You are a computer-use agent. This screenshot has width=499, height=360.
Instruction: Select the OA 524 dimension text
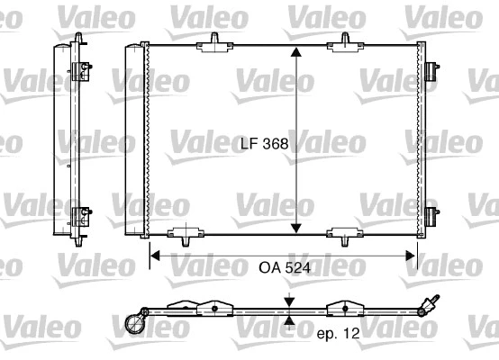tap(282, 267)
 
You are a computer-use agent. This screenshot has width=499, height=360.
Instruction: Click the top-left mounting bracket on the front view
tap(216, 43)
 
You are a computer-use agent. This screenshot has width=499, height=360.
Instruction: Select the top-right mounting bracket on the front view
tap(347, 43)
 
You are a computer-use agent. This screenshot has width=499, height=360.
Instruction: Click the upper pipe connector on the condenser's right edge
tap(431, 68)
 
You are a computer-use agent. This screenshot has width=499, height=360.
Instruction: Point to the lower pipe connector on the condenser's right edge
tap(431, 215)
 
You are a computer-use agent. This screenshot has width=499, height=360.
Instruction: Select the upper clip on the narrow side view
tap(82, 68)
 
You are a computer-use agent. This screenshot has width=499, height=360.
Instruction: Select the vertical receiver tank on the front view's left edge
tap(132, 139)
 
